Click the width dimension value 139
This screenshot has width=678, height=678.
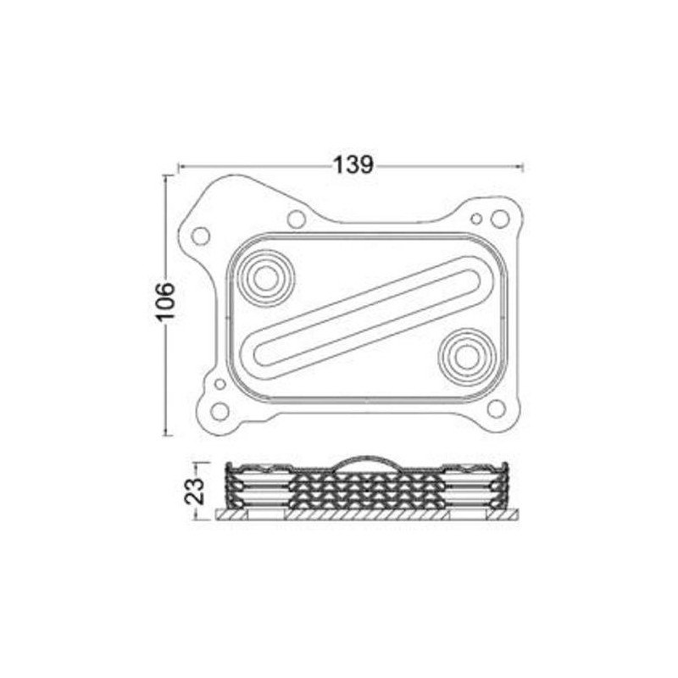(x=353, y=165)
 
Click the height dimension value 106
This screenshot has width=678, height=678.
(x=165, y=301)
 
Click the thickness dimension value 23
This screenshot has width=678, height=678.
(x=195, y=491)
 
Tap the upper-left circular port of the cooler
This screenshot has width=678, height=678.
(x=265, y=277)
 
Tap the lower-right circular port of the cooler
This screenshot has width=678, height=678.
(x=465, y=357)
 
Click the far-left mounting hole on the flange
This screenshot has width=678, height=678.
(x=201, y=236)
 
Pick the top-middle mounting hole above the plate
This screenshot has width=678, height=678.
(x=296, y=219)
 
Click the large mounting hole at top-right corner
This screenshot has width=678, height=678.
(x=500, y=219)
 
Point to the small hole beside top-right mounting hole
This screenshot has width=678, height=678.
(x=476, y=220)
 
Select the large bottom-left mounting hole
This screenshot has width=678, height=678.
(x=220, y=412)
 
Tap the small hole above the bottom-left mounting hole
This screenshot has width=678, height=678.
(x=220, y=384)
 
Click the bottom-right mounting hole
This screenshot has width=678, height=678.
(x=497, y=408)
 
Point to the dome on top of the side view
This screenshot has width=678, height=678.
(x=368, y=464)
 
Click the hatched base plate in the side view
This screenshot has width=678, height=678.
(x=368, y=514)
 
